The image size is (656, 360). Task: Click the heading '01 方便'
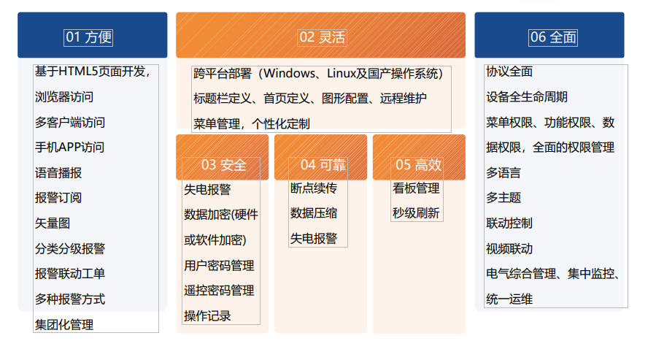(88, 37)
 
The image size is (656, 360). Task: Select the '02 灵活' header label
(322, 37)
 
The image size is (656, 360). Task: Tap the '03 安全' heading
(223, 165)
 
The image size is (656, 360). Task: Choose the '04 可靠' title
(323, 165)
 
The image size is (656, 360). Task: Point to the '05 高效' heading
(418, 165)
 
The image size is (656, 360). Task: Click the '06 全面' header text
(553, 37)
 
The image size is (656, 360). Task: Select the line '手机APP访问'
(69, 148)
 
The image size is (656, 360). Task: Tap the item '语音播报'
(58, 172)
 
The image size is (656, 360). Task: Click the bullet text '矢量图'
(53, 223)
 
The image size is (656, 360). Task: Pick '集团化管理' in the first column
(64, 324)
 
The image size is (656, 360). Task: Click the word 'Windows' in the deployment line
(289, 74)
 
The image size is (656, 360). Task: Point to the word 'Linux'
(341, 74)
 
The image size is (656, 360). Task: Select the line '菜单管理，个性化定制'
(252, 124)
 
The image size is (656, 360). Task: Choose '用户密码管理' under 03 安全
(219, 265)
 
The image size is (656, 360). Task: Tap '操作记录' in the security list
(207, 315)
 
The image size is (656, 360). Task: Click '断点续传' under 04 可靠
(313, 188)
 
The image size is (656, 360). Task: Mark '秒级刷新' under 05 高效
(416, 213)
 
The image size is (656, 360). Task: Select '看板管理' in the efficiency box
(416, 188)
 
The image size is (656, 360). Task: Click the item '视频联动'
(509, 249)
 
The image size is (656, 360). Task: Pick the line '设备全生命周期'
(527, 97)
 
